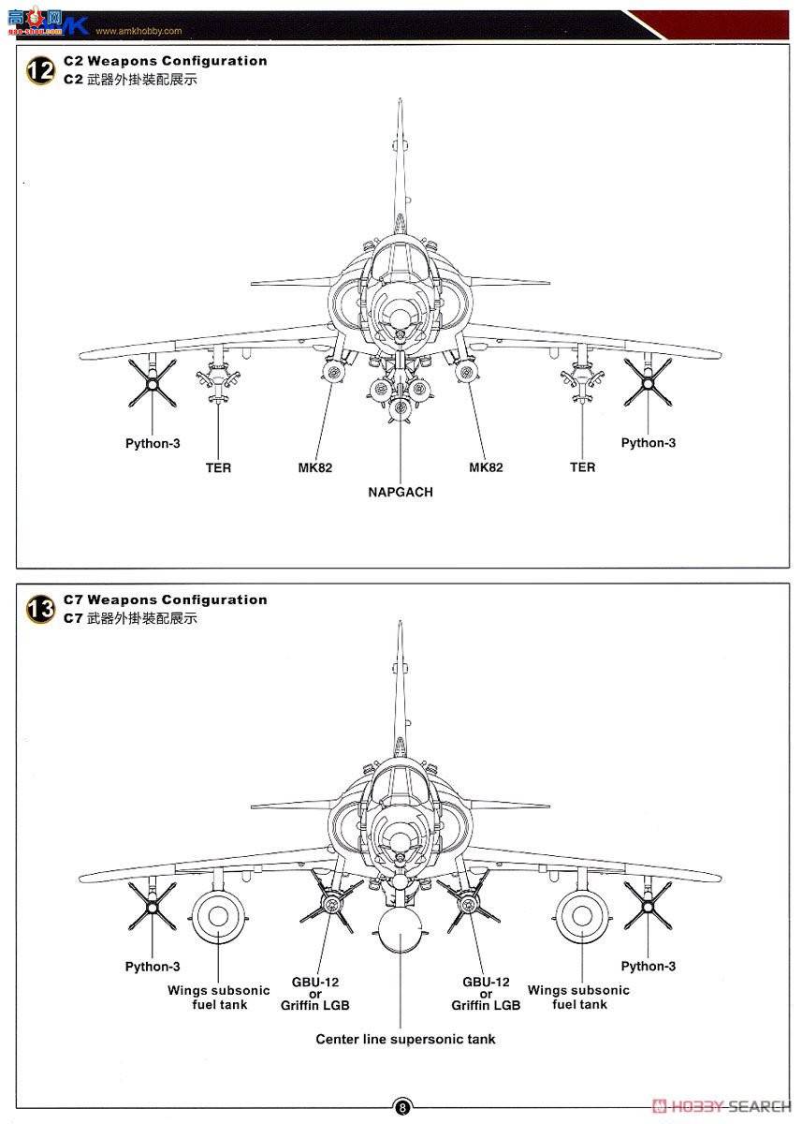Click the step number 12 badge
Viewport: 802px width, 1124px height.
tap(40, 70)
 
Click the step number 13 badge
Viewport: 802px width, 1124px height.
tap(40, 609)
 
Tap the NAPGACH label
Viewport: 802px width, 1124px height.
tap(401, 492)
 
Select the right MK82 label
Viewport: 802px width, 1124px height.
tap(486, 467)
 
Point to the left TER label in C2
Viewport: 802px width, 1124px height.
tap(218, 467)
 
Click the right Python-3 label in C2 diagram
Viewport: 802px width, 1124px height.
tap(648, 443)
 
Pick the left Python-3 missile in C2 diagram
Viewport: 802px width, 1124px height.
tap(152, 383)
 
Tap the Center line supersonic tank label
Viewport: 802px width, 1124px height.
tap(405, 1039)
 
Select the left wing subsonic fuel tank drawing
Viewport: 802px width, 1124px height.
tap(218, 917)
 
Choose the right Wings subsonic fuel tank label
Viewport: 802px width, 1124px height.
tap(578, 997)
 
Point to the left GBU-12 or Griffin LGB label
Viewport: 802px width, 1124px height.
tap(315, 994)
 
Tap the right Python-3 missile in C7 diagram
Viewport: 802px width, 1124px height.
tap(648, 905)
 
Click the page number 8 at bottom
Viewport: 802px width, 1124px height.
tap(401, 1107)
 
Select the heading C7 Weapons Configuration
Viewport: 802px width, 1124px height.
tap(166, 599)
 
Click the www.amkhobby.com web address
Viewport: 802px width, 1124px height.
tap(139, 30)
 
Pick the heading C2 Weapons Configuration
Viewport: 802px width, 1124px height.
tap(166, 61)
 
